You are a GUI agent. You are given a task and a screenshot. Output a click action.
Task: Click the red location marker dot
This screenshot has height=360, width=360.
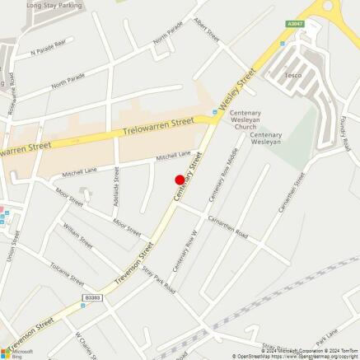point(180,180)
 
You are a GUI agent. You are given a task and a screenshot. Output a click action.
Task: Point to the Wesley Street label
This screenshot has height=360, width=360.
point(237,91)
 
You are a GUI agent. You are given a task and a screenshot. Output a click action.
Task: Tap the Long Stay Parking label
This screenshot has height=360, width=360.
point(55,5)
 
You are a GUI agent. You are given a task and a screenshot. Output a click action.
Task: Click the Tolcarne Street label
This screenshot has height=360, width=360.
point(67,271)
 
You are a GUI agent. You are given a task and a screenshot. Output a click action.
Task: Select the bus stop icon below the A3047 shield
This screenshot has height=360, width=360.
point(282,40)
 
